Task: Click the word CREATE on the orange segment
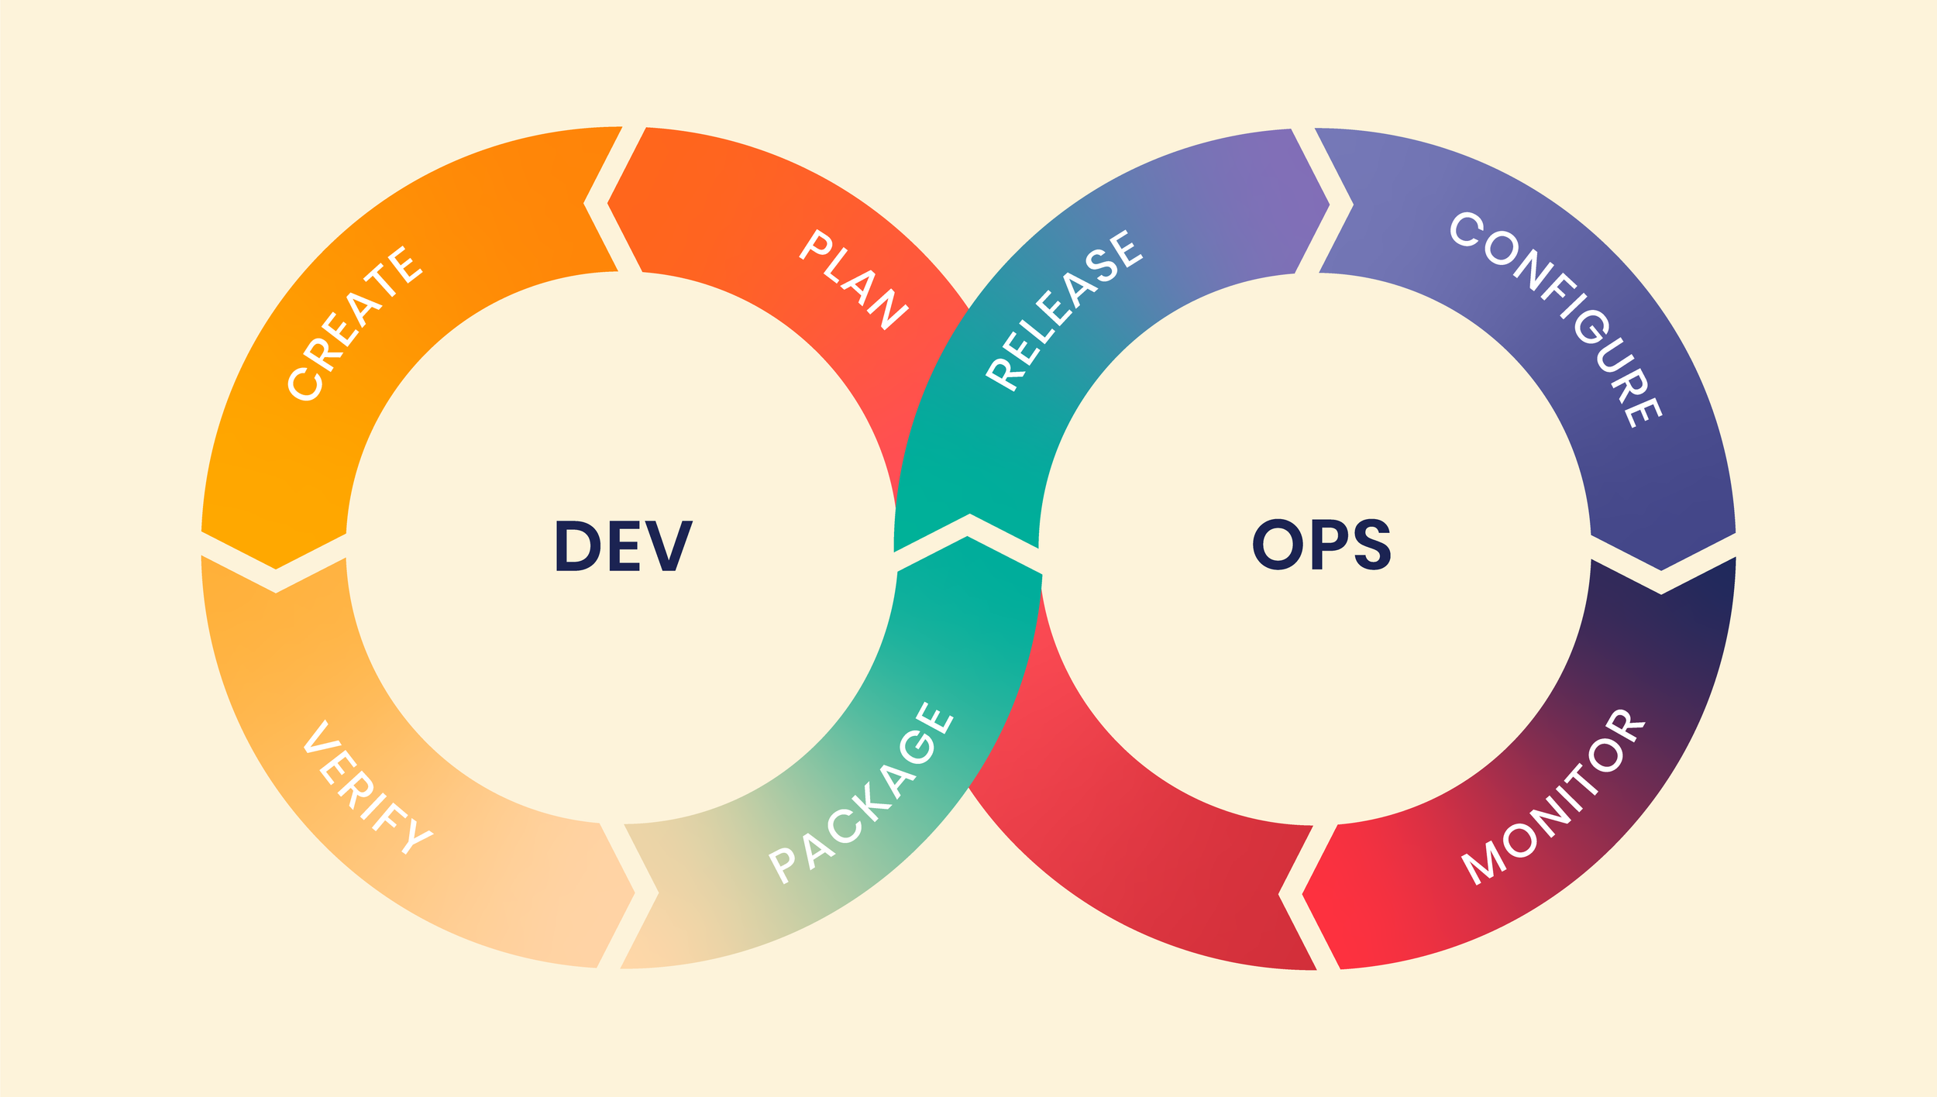coord(355,324)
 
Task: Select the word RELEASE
coord(1064,310)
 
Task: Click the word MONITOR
coord(1553,797)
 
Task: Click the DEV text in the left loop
coord(624,546)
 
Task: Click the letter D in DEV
coord(578,546)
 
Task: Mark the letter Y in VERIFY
coord(417,840)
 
